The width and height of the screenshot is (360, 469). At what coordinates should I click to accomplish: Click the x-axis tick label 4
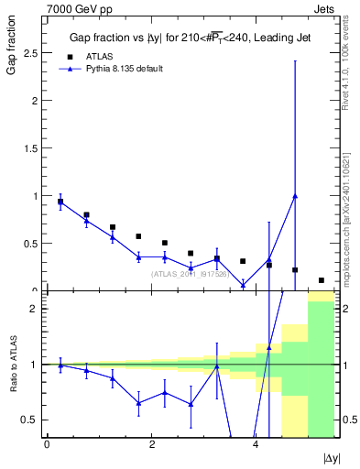[256, 444]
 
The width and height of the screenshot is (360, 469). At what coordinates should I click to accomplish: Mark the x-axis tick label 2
[151, 444]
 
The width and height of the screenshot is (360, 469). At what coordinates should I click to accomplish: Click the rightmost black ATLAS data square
[322, 280]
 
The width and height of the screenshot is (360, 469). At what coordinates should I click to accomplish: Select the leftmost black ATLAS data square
[60, 202]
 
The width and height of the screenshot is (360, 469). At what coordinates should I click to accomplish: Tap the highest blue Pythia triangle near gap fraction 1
[295, 195]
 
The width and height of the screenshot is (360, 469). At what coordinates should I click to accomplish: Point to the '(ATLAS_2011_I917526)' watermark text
[191, 273]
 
